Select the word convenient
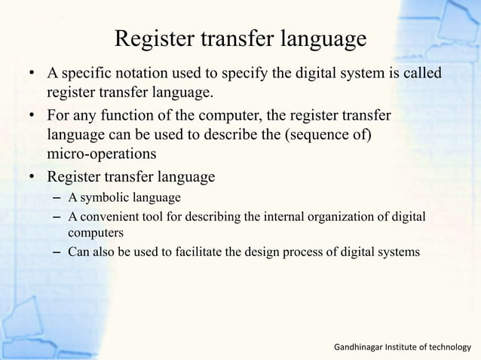pyautogui.click(x=109, y=218)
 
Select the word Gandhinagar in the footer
pyautogui.click(x=360, y=347)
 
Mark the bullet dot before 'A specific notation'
pyautogui.click(x=32, y=75)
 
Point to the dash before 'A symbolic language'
pyautogui.click(x=57, y=198)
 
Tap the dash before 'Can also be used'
pyautogui.click(x=57, y=252)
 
